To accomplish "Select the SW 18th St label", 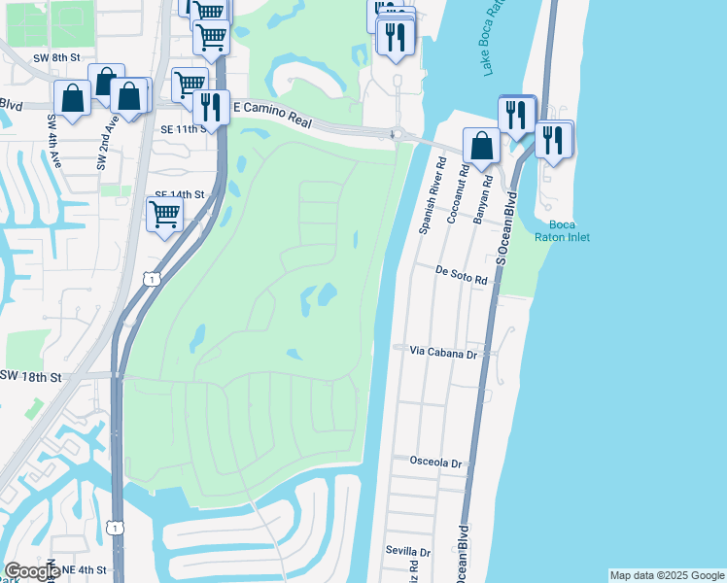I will (31, 375).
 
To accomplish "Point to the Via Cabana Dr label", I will (443, 354).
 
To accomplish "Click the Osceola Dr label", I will (435, 463).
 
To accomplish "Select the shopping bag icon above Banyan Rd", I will (481, 145).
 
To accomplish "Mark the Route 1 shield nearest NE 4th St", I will (116, 527).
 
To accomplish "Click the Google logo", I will (32, 571).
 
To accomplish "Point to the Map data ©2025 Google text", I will (666, 575).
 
